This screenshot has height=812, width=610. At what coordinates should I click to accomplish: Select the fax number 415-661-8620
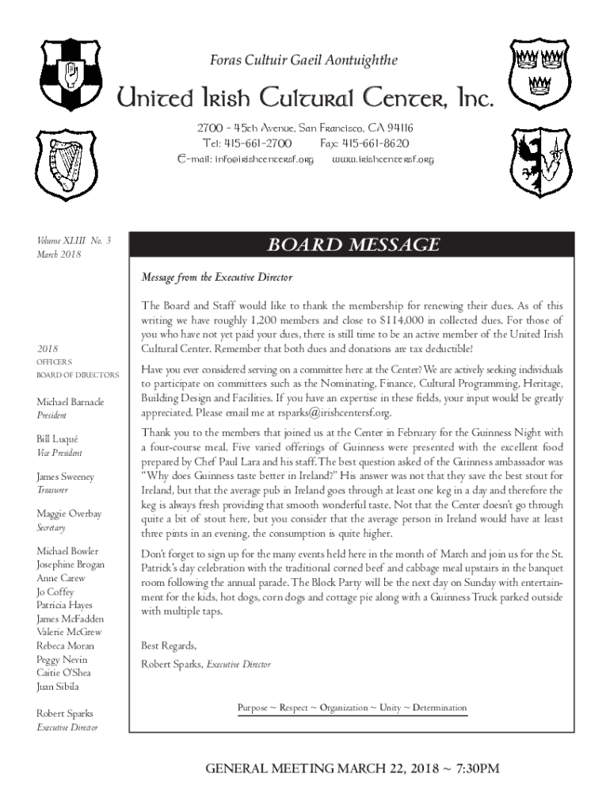[365, 144]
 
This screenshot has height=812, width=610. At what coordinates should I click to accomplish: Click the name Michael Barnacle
[70, 402]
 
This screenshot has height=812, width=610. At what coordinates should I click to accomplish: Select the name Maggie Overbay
[69, 514]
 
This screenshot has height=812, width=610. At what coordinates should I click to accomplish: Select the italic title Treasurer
[51, 491]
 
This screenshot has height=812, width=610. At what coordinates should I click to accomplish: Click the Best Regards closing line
[168, 644]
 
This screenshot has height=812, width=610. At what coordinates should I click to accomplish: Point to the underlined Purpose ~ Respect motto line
[352, 707]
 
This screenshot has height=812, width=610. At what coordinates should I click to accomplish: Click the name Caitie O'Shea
[63, 673]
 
